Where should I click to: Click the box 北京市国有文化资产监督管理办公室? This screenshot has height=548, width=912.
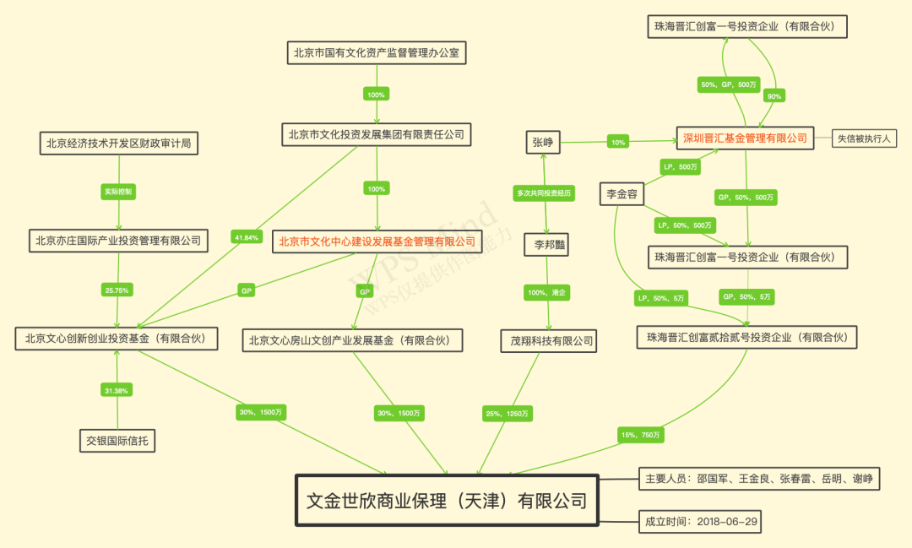(376, 52)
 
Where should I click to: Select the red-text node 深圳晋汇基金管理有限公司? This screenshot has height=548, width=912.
(745, 138)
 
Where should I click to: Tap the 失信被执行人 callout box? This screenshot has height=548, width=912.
(865, 138)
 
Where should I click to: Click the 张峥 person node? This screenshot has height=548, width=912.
(543, 142)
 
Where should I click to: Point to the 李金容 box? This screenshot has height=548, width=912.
(622, 194)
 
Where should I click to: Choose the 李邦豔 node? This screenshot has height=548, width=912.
(546, 245)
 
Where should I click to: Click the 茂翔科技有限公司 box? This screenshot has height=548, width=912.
(547, 341)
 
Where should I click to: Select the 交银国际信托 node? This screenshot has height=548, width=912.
(117, 440)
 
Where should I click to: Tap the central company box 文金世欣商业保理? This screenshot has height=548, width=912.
(446, 501)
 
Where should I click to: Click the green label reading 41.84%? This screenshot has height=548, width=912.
(247, 237)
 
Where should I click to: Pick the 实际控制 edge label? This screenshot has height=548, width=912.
(118, 192)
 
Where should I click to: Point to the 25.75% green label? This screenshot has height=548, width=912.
(117, 290)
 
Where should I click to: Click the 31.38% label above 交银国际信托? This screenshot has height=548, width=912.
(117, 389)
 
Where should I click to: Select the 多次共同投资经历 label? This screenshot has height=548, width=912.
(544, 193)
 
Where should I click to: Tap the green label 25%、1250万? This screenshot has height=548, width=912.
(508, 413)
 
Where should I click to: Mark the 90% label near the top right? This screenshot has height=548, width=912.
(773, 96)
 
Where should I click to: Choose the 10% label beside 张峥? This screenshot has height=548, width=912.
(618, 142)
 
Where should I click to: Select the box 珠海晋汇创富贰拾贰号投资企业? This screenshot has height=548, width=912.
(747, 338)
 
